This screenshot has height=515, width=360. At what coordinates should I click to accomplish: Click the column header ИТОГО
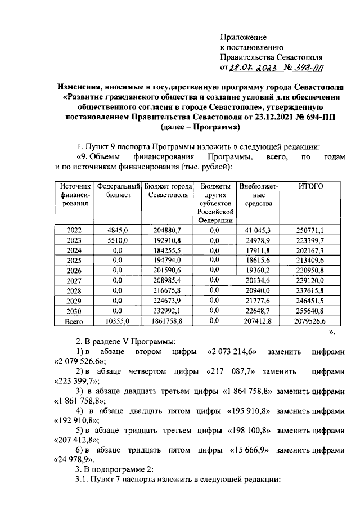coord(309,186)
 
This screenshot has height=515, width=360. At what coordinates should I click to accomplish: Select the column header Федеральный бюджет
coord(118,190)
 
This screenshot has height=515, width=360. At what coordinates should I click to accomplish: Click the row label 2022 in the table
coord(74,230)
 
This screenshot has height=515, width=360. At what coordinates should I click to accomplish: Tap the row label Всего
coord(74,321)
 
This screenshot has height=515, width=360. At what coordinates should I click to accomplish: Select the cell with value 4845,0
coord(118,230)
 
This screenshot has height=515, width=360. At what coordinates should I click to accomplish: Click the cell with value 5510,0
coord(118,240)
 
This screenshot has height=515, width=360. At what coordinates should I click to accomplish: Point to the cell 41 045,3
coord(258,230)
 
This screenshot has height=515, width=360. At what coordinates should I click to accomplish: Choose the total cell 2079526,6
coord(310,321)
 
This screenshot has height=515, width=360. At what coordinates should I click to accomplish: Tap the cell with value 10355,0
coord(118,321)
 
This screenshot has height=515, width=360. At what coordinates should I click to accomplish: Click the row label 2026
coord(74,270)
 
